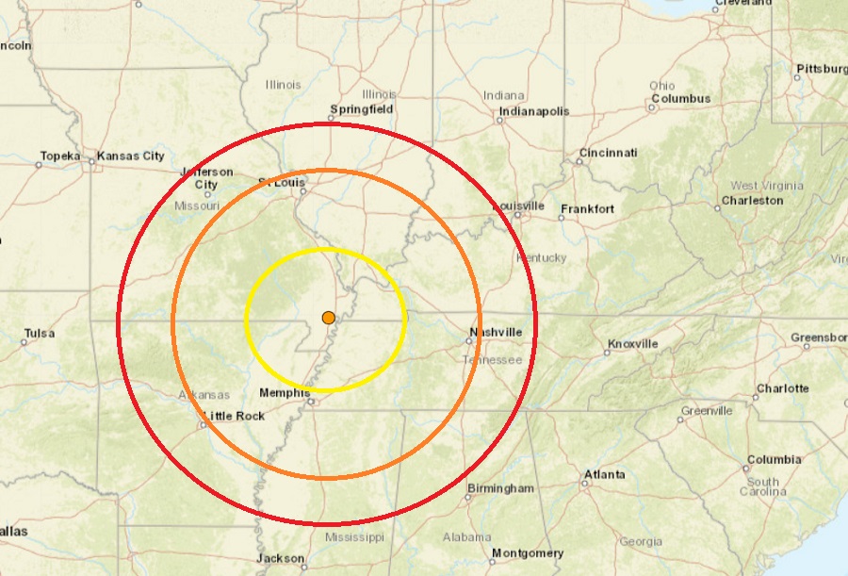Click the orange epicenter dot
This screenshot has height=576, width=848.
[328, 318]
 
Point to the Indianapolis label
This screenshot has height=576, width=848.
[533, 111]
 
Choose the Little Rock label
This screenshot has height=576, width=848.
[234, 416]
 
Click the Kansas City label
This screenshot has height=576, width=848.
[131, 156]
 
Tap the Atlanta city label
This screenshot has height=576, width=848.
[603, 474]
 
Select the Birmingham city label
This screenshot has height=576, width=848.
[500, 488]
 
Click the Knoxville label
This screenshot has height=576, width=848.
[632, 344]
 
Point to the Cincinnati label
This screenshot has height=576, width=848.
[608, 153]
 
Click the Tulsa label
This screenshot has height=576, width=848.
[40, 333]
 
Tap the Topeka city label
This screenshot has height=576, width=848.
[60, 156]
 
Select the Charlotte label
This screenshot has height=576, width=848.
[782, 388]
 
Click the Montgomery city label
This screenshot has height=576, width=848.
[528, 553]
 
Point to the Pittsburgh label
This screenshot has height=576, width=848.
[821, 70]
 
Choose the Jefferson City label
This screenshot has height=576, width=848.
[207, 178]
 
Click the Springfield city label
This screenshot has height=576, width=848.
[361, 109]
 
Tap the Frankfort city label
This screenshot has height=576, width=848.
[587, 208]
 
